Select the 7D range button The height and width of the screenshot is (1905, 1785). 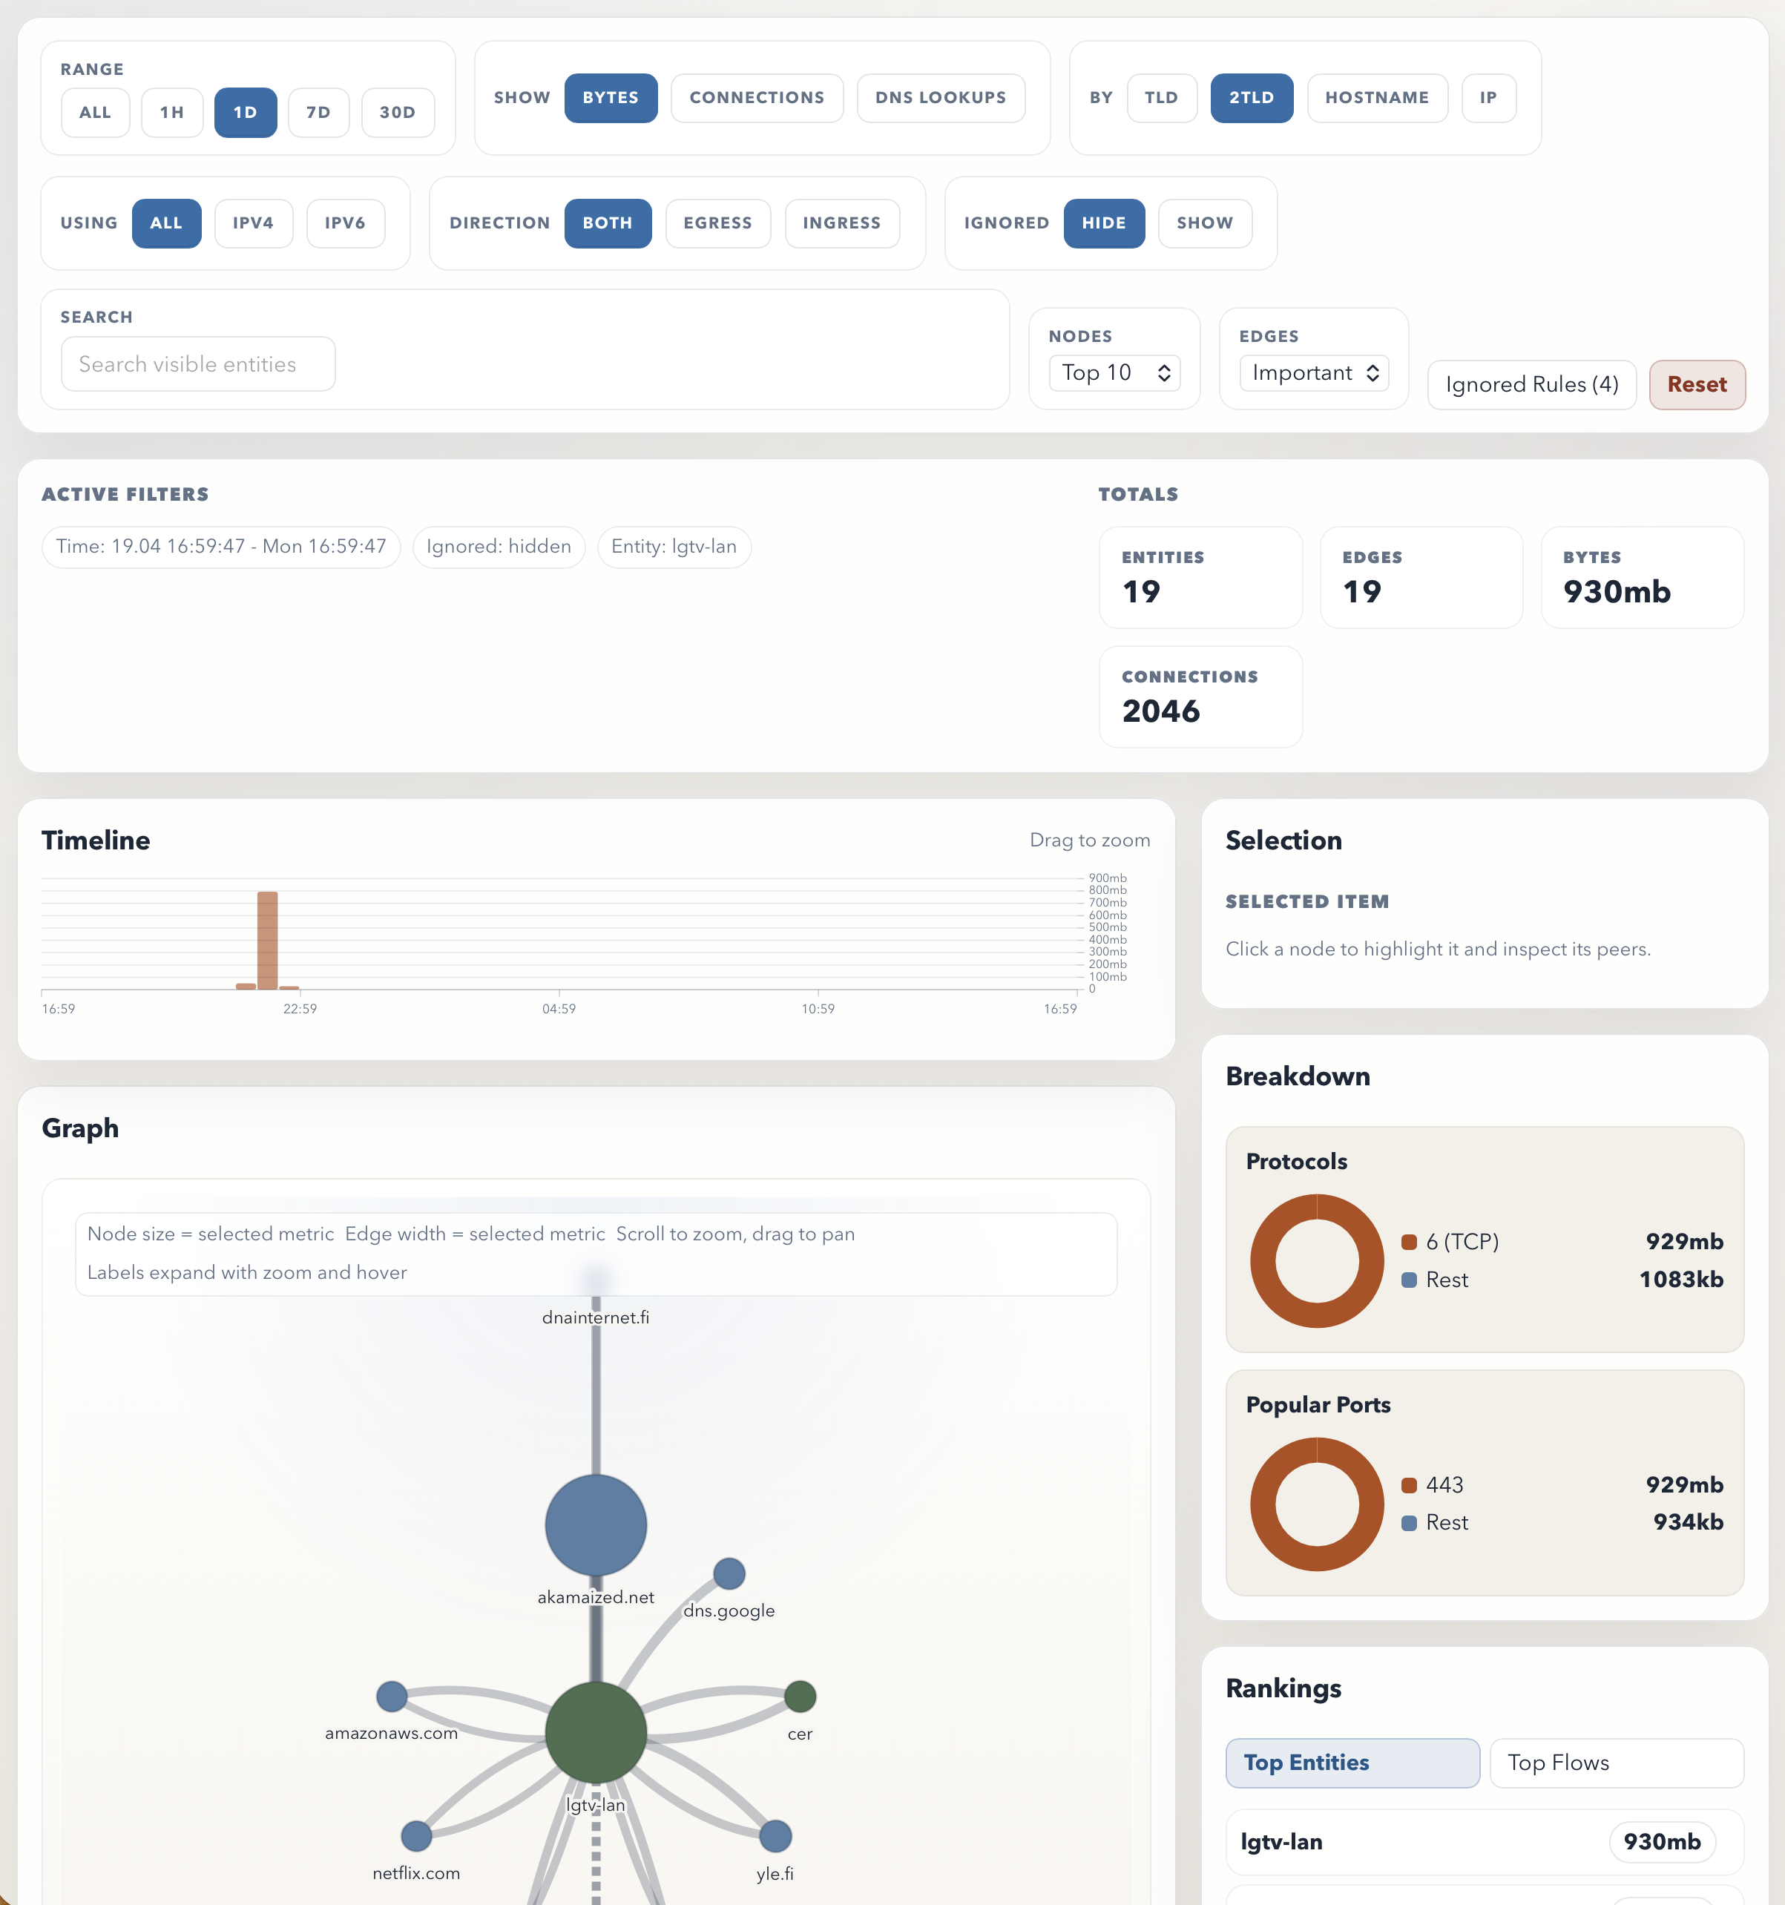pyautogui.click(x=318, y=112)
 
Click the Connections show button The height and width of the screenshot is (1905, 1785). pyautogui.click(x=756, y=98)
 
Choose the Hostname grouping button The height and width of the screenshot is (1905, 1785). pyautogui.click(x=1376, y=98)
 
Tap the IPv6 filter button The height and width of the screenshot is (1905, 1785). pyautogui.click(x=345, y=223)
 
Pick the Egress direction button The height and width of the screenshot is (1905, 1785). pyautogui.click(x=717, y=223)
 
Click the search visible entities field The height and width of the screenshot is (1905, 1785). pyautogui.click(x=198, y=364)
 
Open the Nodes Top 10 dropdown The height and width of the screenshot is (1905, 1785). pyautogui.click(x=1114, y=372)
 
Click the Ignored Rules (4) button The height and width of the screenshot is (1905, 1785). pyautogui.click(x=1531, y=384)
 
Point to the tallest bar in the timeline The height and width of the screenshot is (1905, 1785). pyautogui.click(x=267, y=939)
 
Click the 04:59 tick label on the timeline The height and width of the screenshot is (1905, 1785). pyautogui.click(x=559, y=1009)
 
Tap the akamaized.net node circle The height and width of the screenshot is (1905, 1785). pyautogui.click(x=596, y=1524)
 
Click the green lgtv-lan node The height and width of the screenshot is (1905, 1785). pyautogui.click(x=596, y=1731)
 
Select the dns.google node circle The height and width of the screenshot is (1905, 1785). pyautogui.click(x=729, y=1573)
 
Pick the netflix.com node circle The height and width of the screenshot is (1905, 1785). pyautogui.click(x=415, y=1836)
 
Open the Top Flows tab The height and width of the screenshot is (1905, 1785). pyautogui.click(x=1615, y=1763)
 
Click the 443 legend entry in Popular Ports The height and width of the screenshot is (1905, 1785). pyautogui.click(x=1444, y=1485)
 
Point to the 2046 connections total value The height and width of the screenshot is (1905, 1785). pyautogui.click(x=1160, y=711)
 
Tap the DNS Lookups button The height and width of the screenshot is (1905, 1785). pyautogui.click(x=940, y=98)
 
